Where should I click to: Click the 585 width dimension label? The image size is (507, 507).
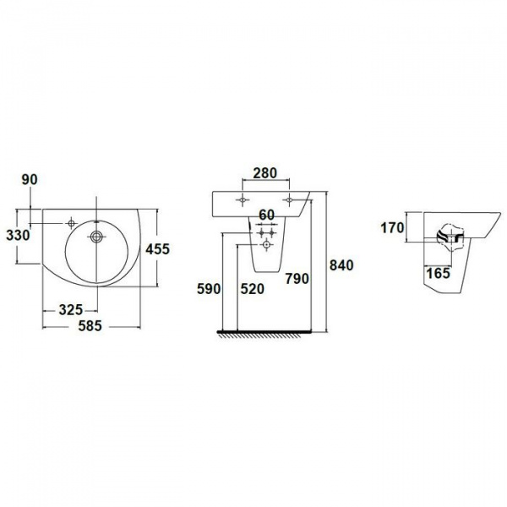90,325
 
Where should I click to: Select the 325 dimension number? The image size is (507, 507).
70,310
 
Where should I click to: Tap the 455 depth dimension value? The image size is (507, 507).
157,249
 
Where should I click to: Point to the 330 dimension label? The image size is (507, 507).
18,236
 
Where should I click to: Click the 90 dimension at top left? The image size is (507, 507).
30,180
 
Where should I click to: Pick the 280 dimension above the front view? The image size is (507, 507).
265,173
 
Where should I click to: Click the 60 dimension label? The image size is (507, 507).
267,215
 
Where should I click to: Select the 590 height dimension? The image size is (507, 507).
209,289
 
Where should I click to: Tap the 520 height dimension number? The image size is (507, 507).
252,289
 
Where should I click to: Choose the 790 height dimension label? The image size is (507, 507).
297,279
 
